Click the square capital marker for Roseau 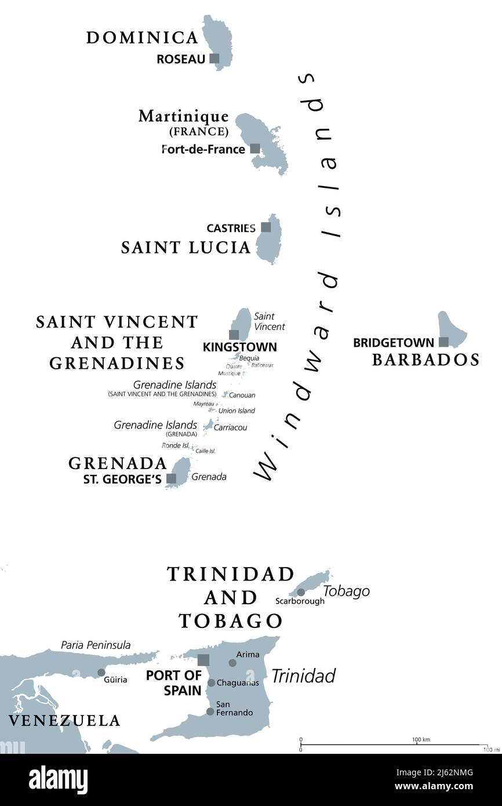214,58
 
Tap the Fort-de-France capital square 255,148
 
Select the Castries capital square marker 265,227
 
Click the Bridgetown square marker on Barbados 443,342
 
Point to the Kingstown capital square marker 234,335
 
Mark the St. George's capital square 172,478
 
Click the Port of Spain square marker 203,660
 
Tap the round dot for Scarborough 301,592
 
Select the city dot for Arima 232,663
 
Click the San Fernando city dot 210,711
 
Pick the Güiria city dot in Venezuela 101,673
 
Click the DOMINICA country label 143,38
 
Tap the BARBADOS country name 425,360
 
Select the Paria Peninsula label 96,645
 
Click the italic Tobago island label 346,591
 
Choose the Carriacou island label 230,427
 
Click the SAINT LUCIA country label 185,248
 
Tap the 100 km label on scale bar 421,739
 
